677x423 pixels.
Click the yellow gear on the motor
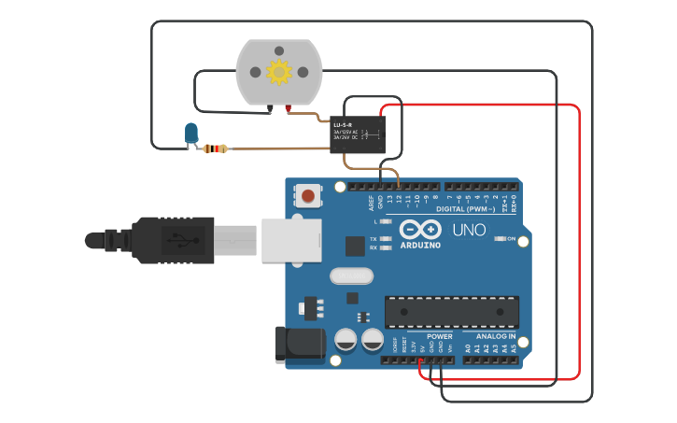pyautogui.click(x=278, y=72)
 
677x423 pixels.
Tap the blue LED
pyautogui.click(x=191, y=133)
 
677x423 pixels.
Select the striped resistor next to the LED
pyautogui.click(x=216, y=148)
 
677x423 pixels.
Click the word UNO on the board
pyautogui.click(x=470, y=230)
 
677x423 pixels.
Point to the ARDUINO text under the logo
pyautogui.click(x=420, y=246)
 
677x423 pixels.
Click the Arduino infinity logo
pyautogui.click(x=420, y=230)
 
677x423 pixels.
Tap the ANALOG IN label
pyautogui.click(x=496, y=336)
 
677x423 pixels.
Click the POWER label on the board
pyautogui.click(x=439, y=336)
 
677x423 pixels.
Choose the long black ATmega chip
pyautogui.click(x=452, y=311)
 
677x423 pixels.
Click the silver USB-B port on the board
pyautogui.click(x=290, y=240)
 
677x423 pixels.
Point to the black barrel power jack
pyautogui.click(x=298, y=344)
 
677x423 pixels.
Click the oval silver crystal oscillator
pyautogui.click(x=351, y=275)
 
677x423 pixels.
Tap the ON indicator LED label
pyautogui.click(x=511, y=239)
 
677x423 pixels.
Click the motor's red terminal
pyautogui.click(x=288, y=110)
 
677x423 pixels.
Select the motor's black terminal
pyautogui.click(x=270, y=110)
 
